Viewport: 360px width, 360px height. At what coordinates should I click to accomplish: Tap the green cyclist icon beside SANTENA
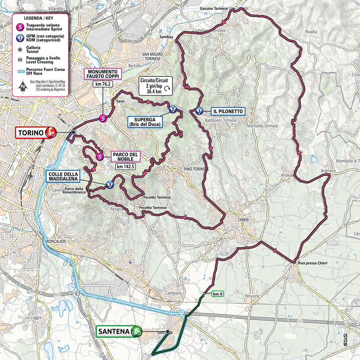[136, 331]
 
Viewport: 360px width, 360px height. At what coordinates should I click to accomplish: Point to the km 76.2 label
[104, 85]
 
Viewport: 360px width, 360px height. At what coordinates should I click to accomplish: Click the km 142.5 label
[125, 166]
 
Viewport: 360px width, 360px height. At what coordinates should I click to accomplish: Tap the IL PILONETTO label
[228, 111]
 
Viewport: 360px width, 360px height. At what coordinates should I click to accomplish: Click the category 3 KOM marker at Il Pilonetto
[199, 111]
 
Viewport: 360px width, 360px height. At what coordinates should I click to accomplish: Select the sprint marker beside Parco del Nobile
[100, 157]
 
